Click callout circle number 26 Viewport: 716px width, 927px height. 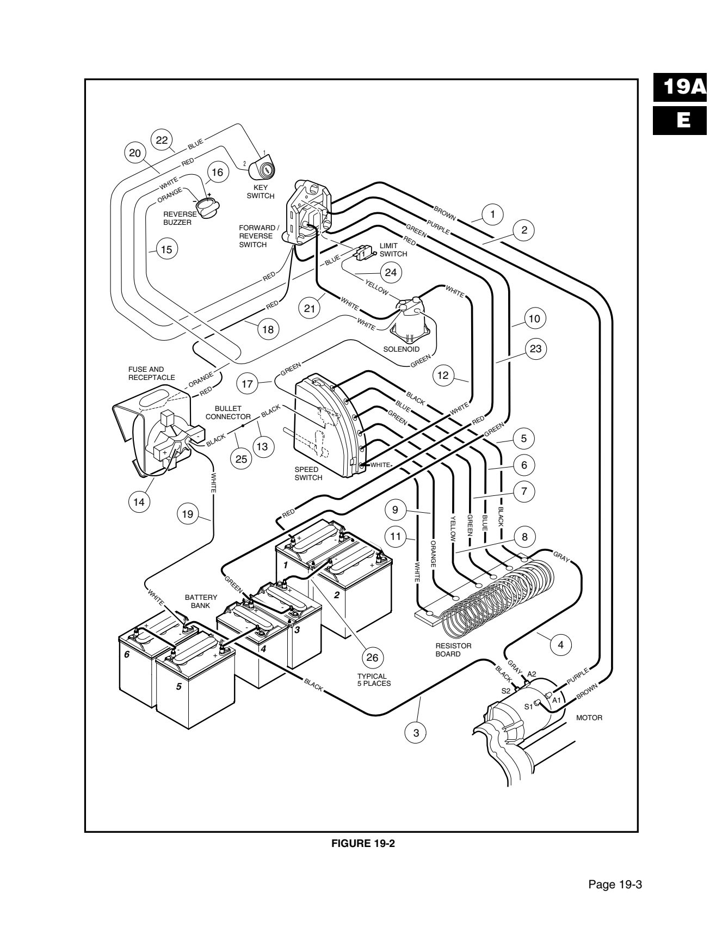tap(372, 657)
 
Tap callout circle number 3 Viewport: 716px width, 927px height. tap(416, 732)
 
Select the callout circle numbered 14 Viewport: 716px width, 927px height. tap(140, 501)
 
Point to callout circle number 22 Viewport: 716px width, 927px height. tap(162, 140)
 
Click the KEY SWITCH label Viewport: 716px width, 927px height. tap(260, 192)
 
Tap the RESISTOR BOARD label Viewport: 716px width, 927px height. tap(453, 649)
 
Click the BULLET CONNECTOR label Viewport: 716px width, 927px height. tap(227, 412)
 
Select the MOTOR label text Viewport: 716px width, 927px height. tap(589, 717)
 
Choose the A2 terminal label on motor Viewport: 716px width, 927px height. tap(532, 674)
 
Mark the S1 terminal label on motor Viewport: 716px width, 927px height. tap(528, 707)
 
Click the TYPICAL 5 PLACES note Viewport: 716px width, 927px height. tap(374, 679)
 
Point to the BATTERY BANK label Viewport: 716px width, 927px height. tap(201, 601)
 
